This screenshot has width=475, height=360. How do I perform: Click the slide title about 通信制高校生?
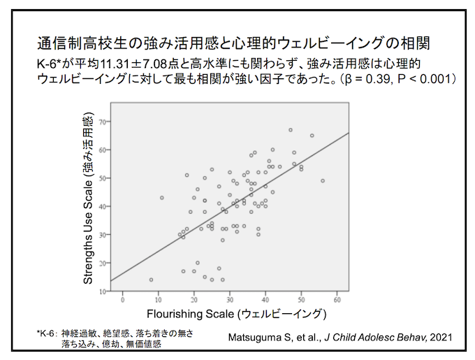pos(233,43)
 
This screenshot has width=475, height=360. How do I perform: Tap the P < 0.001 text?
pos(425,79)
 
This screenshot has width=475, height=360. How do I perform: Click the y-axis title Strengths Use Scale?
pos(88,199)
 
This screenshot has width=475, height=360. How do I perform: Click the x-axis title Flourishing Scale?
pos(237,314)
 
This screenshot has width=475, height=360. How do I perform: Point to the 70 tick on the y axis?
pos(103,122)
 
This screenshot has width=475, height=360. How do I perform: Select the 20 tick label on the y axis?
pos(103,263)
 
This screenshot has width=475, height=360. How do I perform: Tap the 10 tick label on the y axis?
pos(103,291)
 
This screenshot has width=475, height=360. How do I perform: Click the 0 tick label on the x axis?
pos(123,300)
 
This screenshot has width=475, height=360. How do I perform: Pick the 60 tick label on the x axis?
pos(337,300)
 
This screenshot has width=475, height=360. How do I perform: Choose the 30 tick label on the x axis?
pos(230,300)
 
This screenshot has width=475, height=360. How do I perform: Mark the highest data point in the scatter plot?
pos(291,130)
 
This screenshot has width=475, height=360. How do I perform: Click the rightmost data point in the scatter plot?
pos(323,181)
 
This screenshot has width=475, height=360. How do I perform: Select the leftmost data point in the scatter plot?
pos(151,280)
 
